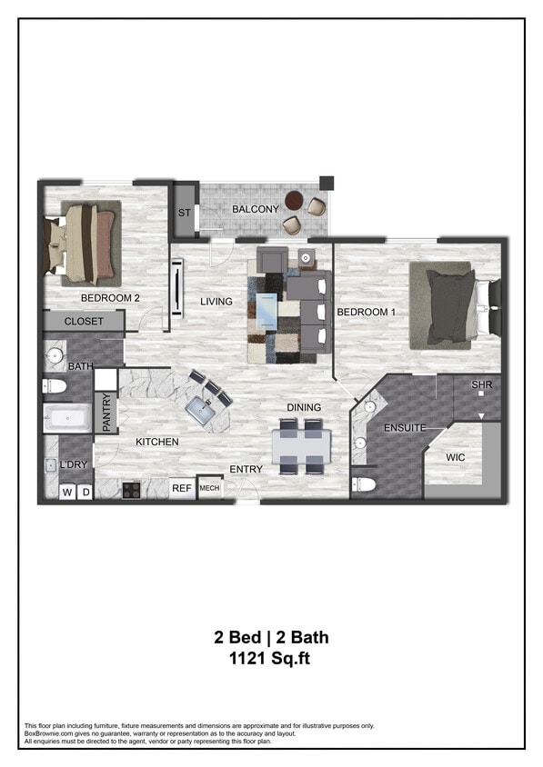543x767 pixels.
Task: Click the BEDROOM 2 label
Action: tap(110, 297)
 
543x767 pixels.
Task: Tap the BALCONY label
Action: tap(255, 210)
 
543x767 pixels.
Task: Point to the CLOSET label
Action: tap(83, 322)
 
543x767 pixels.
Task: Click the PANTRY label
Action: tap(106, 413)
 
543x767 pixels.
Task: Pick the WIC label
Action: tap(455, 458)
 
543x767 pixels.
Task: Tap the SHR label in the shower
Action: tap(482, 385)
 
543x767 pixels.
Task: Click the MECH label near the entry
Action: tap(209, 489)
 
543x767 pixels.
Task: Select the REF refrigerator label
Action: tap(182, 489)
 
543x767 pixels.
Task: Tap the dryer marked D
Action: tap(85, 493)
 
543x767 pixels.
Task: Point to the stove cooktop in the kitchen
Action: tap(131, 490)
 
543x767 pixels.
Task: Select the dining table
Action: tap(301, 446)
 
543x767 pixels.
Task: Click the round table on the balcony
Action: tap(295, 200)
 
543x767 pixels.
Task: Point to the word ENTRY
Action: tap(246, 470)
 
